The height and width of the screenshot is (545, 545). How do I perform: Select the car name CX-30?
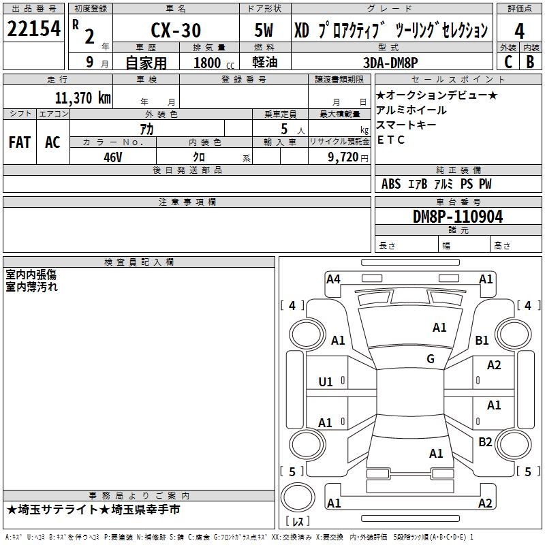click(x=175, y=31)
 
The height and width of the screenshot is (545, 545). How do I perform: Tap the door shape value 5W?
click(x=265, y=31)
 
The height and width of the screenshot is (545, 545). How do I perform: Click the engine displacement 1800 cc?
click(x=208, y=62)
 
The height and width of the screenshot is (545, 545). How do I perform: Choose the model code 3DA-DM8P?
click(x=391, y=62)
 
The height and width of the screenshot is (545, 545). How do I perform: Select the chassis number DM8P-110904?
click(x=458, y=217)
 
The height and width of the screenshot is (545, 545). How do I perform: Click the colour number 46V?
click(x=112, y=156)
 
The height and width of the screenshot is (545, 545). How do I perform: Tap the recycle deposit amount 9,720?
click(x=338, y=156)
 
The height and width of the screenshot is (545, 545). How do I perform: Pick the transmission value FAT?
click(x=20, y=142)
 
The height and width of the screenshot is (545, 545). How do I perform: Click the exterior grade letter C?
click(x=508, y=62)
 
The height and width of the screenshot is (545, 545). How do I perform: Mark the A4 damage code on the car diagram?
click(x=333, y=279)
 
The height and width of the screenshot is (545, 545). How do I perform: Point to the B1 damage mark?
click(x=482, y=340)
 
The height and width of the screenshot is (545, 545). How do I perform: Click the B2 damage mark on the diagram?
click(x=485, y=442)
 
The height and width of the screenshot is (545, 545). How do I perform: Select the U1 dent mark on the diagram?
click(x=326, y=382)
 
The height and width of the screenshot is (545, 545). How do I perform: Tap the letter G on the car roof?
click(x=431, y=359)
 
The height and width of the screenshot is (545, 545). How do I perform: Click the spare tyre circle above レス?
click(x=297, y=497)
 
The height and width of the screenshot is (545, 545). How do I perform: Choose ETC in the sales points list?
click(x=391, y=140)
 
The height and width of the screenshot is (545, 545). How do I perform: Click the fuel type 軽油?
click(x=265, y=62)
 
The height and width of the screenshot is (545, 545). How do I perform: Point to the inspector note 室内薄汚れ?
click(x=32, y=287)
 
